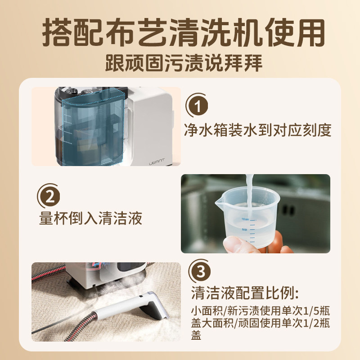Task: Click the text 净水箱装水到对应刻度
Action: point(258,130)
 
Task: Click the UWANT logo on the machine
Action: point(157,160)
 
